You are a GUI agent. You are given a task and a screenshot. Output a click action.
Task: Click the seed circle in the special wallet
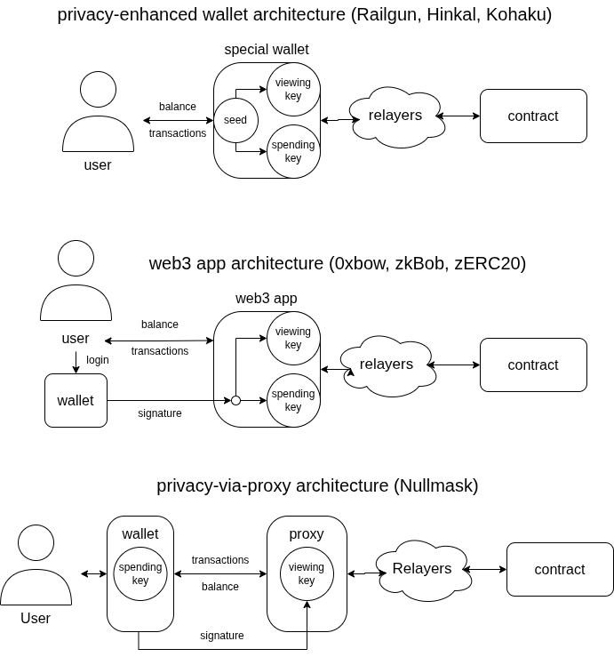click(235, 120)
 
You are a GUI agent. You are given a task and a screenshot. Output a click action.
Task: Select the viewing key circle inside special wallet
click(293, 90)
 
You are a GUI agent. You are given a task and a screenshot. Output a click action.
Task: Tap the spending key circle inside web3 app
click(293, 401)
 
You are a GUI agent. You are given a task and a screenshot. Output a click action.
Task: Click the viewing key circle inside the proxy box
click(307, 573)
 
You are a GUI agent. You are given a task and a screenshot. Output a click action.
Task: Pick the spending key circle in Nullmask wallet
click(140, 573)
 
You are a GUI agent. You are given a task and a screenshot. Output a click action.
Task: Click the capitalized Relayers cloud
click(422, 569)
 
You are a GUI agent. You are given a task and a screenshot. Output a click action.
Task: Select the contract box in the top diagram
click(533, 116)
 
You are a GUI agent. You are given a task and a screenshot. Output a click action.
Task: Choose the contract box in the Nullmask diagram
click(560, 569)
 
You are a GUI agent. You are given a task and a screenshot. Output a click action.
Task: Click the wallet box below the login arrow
click(76, 400)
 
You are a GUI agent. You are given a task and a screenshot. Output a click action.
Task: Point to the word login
click(98, 360)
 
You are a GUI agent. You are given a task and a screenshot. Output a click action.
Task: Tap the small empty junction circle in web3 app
click(235, 401)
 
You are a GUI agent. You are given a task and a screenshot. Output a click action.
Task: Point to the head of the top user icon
click(98, 90)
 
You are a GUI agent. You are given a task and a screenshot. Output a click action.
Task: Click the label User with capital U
click(36, 618)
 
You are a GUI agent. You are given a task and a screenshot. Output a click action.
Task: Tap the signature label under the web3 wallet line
click(160, 413)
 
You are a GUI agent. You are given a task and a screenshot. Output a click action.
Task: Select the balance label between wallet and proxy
click(219, 587)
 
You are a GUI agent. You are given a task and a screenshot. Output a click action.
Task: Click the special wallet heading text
click(267, 50)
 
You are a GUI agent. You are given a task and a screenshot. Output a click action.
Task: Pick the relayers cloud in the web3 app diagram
click(387, 365)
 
